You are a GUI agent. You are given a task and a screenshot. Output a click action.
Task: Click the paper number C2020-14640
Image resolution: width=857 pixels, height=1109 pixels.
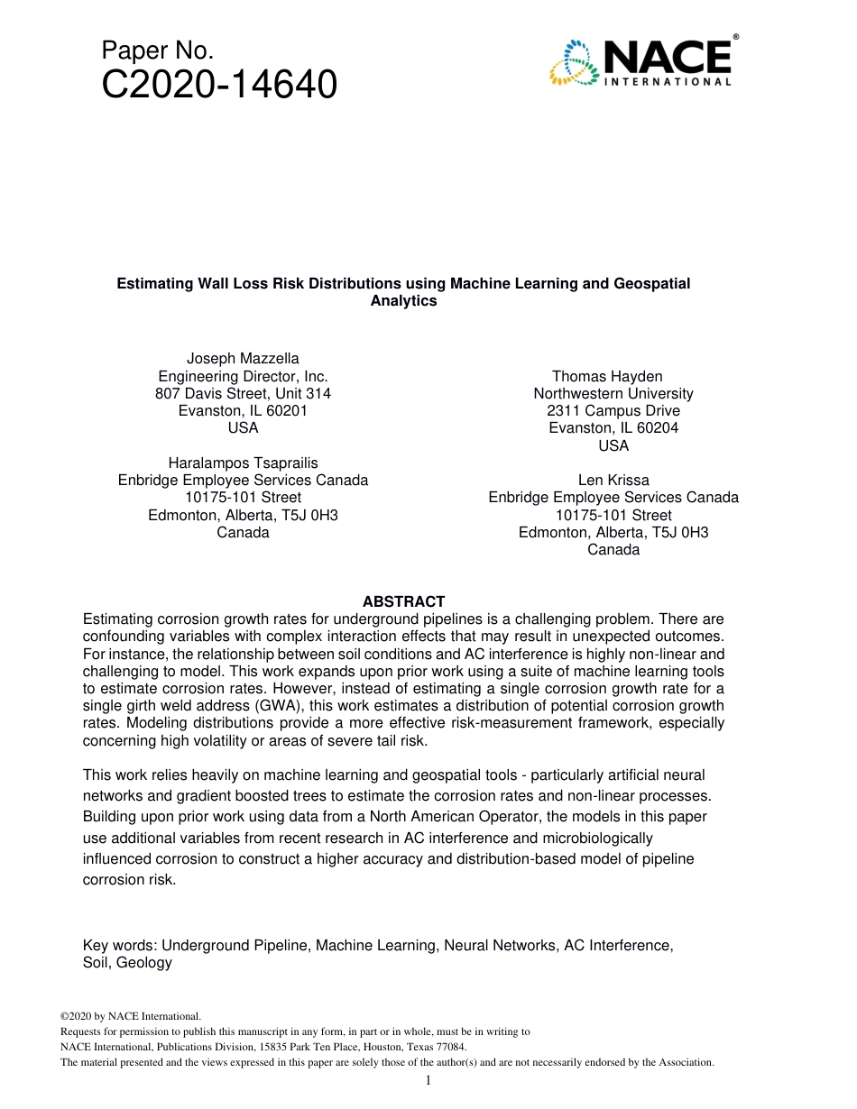pos(220,86)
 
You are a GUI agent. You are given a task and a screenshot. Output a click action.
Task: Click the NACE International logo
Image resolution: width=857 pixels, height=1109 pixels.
pos(640,61)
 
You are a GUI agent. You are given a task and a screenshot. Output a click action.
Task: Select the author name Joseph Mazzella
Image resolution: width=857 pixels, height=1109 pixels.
pos(243,359)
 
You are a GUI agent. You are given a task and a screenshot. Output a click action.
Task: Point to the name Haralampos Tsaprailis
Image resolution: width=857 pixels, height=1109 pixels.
pos(243,463)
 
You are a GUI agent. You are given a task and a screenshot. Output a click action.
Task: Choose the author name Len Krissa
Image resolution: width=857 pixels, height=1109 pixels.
pos(613,481)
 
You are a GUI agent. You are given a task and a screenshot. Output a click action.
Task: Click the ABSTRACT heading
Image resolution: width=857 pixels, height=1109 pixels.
pos(403,601)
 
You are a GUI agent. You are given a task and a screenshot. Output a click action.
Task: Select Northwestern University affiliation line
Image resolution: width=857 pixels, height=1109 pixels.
pos(613,394)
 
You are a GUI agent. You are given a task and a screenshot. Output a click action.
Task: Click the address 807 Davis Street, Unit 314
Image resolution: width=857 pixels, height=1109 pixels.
pos(243,394)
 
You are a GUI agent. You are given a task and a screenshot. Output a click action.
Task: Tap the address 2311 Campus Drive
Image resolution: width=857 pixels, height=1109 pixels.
pos(613,411)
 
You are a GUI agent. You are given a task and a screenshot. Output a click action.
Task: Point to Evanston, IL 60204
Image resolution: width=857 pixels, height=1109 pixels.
pos(613,428)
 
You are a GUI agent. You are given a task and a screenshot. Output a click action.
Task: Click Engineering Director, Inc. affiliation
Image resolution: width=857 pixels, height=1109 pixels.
pos(243,376)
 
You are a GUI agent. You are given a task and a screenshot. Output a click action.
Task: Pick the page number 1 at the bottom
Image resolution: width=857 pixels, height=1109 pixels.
pos(428,1081)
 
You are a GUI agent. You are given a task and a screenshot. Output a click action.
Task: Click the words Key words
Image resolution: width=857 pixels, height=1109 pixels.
pos(118,946)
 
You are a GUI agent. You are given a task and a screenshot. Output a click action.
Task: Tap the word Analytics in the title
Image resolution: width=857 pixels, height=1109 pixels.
pos(403,301)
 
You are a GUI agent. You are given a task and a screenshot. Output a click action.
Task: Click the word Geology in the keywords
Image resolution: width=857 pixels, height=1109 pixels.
pos(143,963)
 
